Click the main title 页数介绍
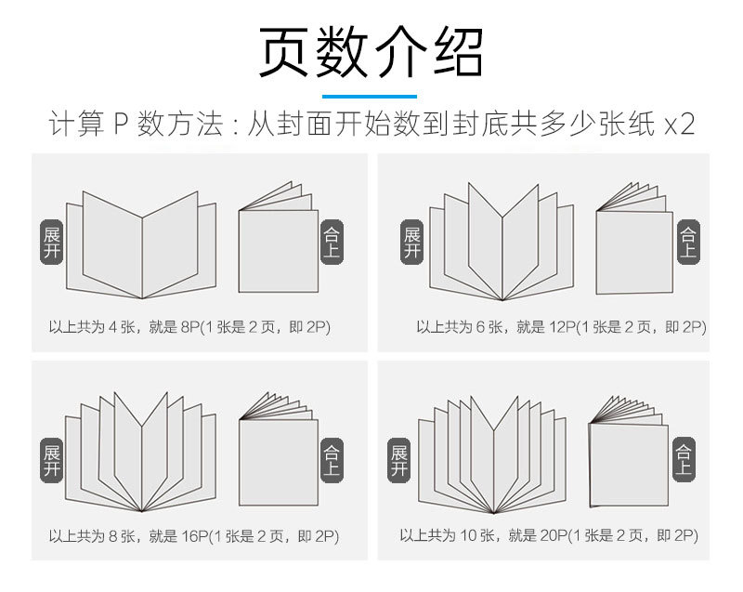click(371, 53)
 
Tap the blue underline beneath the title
click(371, 96)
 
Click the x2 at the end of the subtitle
click(680, 125)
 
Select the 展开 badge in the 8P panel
click(52, 244)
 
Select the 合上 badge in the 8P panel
click(332, 244)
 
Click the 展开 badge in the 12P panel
click(412, 244)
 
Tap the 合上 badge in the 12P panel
click(687, 243)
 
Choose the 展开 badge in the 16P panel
click(52, 459)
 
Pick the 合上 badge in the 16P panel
click(332, 459)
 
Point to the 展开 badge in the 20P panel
click(400, 459)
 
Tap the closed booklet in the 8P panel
click(278, 243)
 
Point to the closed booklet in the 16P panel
click(278, 455)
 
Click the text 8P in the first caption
click(190, 327)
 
